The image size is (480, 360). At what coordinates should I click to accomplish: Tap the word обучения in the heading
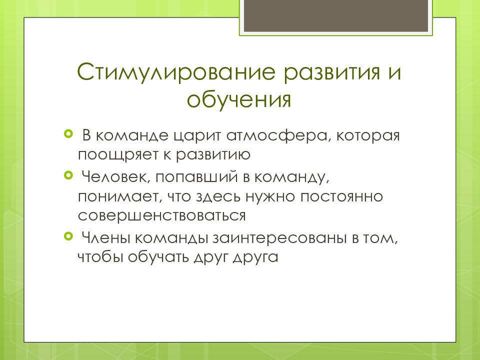click(239, 98)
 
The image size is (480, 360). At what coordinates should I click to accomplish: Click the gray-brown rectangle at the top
click(335, 15)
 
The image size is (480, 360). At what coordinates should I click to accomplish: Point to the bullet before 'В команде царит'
click(68, 133)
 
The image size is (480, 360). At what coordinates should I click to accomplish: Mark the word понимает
click(116, 196)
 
